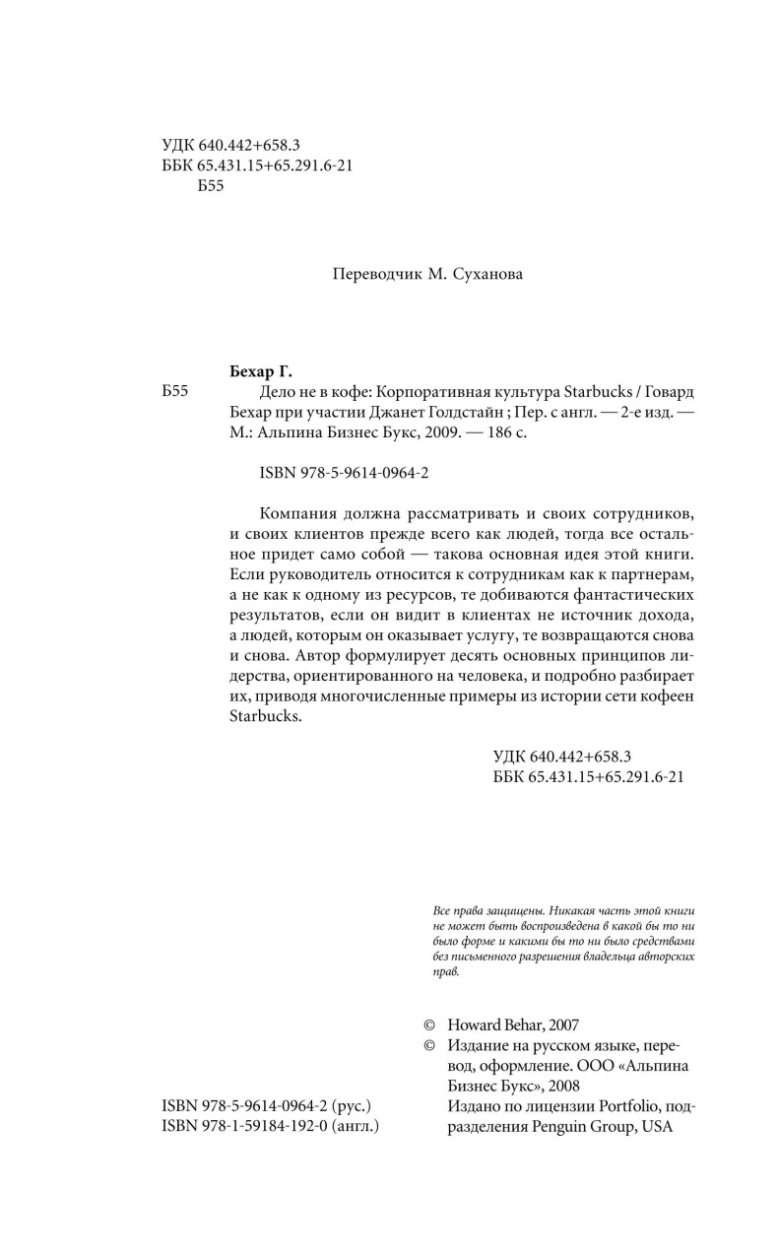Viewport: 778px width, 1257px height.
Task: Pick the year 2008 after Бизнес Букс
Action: click(562, 1086)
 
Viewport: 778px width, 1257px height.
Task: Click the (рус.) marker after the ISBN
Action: click(353, 1105)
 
